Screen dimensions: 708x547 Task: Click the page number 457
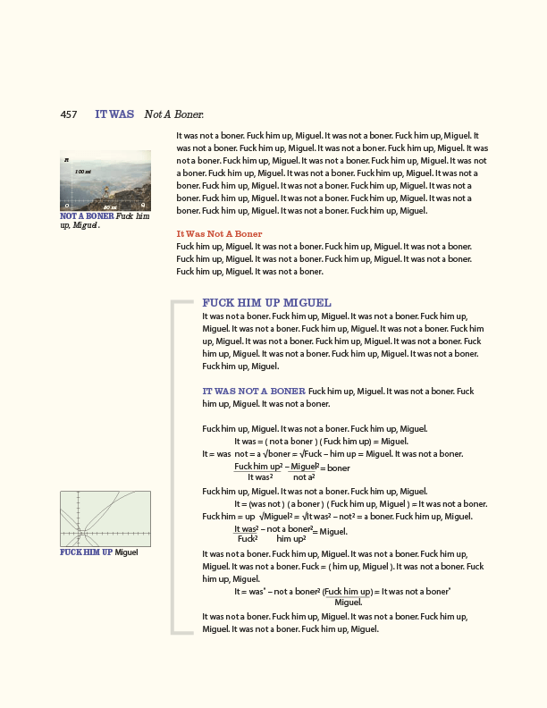pos(68,114)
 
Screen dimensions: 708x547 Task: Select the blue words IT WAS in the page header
pos(114,114)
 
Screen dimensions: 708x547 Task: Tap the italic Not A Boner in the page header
pos(174,114)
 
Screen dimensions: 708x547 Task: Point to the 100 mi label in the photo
pos(82,171)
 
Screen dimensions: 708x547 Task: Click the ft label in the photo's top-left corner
pos(67,159)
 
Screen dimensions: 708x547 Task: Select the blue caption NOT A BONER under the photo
pos(87,216)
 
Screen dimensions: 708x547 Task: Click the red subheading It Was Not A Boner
pos(220,234)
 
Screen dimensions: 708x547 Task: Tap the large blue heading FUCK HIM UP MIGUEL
pos(266,303)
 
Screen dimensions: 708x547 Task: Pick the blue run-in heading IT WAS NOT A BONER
pos(254,391)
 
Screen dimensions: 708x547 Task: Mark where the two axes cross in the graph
pos(80,534)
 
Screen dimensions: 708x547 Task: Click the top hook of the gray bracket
pos(182,304)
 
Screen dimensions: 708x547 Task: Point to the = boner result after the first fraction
pos(335,468)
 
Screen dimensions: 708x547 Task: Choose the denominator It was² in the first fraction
pos(260,477)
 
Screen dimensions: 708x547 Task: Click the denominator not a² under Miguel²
pos(304,477)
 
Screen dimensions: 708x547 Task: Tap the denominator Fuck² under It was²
pos(248,539)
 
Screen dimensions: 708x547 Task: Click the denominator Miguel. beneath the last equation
pos(348,603)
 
